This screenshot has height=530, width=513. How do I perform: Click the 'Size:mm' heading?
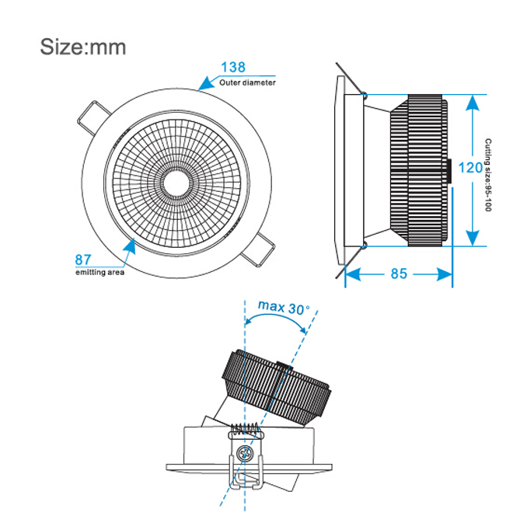(x=83, y=47)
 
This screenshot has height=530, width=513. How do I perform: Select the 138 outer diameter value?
(x=233, y=67)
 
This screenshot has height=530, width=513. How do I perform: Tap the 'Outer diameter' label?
(x=247, y=82)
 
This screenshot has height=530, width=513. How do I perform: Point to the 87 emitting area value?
(x=83, y=260)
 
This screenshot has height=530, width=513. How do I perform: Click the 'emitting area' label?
(x=99, y=272)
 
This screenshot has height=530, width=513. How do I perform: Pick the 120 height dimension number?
(x=470, y=168)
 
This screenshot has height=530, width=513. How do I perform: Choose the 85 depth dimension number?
(x=399, y=274)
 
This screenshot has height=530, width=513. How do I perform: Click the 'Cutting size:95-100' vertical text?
(x=488, y=175)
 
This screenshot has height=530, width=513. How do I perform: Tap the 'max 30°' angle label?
(x=284, y=307)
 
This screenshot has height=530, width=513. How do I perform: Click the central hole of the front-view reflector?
(x=176, y=183)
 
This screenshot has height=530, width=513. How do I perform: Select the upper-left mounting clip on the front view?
(x=93, y=117)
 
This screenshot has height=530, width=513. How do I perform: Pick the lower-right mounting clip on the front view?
(x=258, y=249)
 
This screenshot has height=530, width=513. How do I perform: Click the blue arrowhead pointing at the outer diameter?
(x=208, y=83)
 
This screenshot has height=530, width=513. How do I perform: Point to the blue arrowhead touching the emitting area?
(x=130, y=246)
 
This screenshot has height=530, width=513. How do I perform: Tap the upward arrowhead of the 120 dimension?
(x=472, y=103)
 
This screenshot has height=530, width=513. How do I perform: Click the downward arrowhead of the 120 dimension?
(x=472, y=238)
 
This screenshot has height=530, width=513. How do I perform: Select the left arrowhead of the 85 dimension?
(x=353, y=274)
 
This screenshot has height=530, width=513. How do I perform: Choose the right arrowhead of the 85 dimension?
(x=445, y=274)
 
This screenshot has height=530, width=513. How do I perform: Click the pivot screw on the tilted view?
(x=244, y=452)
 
